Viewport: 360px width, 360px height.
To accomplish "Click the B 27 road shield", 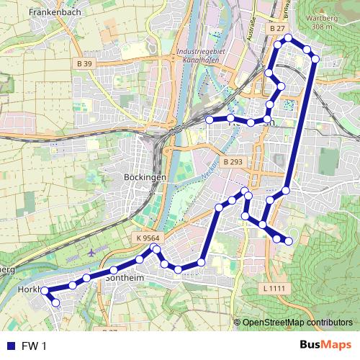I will tap(277, 28).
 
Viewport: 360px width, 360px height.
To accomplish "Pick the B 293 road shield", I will tap(232, 163).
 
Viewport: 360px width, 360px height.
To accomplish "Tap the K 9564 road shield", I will tap(147, 238).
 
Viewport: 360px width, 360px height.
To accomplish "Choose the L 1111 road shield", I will tap(273, 288).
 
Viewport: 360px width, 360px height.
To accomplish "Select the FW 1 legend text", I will tap(33, 346).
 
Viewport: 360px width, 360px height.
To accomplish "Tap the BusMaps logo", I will tap(324, 346).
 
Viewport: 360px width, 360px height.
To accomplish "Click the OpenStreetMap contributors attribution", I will tap(297, 323).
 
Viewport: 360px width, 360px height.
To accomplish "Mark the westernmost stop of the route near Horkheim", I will tap(44, 291).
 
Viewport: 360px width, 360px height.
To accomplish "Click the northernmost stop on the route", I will tap(289, 37).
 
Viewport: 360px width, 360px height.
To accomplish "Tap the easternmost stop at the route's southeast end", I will tap(289, 240).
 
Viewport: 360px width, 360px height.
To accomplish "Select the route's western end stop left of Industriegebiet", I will tap(209, 120).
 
